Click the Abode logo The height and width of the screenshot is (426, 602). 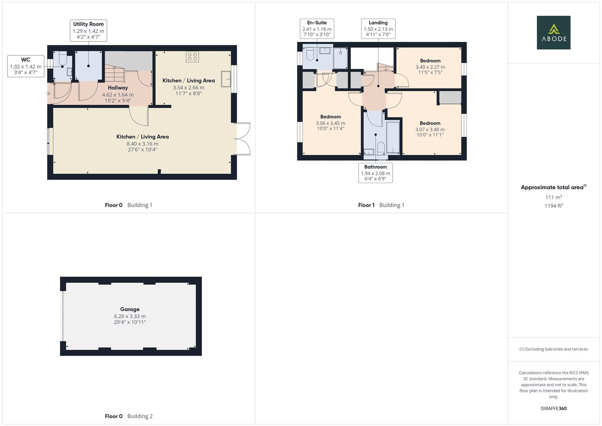[x=553, y=32]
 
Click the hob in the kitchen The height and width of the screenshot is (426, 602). [x=192, y=57]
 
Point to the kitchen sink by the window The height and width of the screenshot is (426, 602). [x=226, y=78]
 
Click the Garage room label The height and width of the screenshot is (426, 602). [x=130, y=310]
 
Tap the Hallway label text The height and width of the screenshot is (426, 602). [x=118, y=88]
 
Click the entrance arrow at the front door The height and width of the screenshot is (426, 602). [x=48, y=93]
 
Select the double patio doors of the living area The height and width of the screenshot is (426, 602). [x=243, y=139]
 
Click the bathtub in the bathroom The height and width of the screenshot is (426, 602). [x=393, y=137]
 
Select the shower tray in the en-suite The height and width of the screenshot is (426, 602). [x=340, y=58]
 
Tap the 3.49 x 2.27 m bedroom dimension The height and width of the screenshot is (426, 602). [x=430, y=67]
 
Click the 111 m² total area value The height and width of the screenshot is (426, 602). [x=554, y=197]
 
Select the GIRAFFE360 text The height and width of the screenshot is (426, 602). [x=554, y=409]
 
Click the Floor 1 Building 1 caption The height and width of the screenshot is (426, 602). [x=381, y=205]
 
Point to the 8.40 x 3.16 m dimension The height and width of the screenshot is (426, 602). [x=142, y=144]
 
